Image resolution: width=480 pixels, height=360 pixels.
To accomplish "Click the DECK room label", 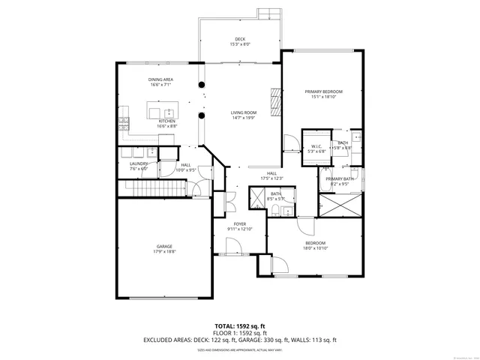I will click(239, 40).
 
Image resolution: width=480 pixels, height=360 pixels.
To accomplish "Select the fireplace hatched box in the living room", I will click(275, 101).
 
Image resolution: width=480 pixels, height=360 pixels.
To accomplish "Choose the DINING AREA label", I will click(160, 79).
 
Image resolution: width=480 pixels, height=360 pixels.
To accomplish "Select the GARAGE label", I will click(164, 247).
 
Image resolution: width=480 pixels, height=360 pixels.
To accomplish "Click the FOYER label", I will click(240, 223).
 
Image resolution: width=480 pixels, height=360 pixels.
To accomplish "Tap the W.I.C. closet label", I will click(316, 146).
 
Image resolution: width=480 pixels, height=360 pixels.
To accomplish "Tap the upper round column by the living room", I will click(201, 84).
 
